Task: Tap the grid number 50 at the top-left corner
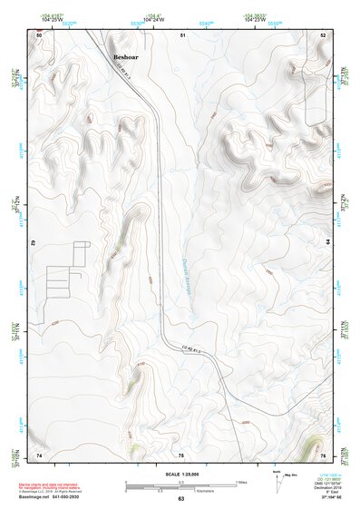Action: (40, 34)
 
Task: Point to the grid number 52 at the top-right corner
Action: (323, 34)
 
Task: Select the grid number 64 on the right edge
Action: (326, 242)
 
